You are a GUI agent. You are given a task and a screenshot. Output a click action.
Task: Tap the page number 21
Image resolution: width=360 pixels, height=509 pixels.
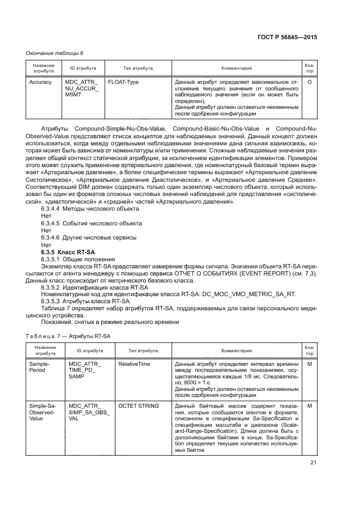313,463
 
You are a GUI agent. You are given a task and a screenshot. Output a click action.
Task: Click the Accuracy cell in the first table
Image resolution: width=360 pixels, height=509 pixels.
41,82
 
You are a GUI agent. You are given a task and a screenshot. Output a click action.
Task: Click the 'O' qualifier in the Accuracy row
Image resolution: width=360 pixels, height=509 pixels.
309,82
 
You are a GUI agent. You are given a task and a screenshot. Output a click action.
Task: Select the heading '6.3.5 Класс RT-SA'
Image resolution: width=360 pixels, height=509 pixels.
64,252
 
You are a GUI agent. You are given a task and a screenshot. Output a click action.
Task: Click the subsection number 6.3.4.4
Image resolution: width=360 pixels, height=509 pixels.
51,209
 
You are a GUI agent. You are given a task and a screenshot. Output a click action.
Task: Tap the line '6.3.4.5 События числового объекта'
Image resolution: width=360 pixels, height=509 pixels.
91,223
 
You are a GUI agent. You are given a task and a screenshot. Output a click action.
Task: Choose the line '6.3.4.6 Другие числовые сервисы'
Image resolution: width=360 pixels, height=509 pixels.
89,237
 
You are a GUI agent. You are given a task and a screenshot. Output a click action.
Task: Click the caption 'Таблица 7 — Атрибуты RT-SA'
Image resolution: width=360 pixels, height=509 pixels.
69,336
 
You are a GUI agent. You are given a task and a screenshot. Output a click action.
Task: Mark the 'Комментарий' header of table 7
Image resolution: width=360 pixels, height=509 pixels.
236,351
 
